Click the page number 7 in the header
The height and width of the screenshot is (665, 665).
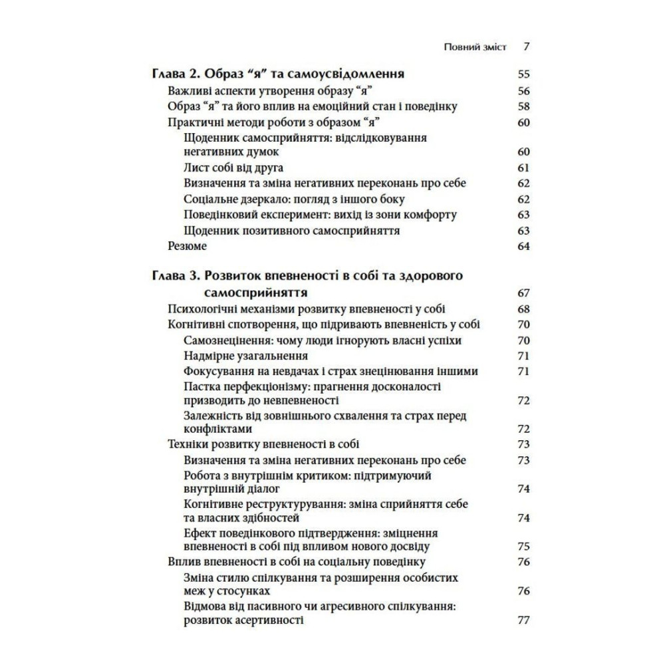[x=525, y=47]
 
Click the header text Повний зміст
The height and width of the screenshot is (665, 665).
[x=475, y=47]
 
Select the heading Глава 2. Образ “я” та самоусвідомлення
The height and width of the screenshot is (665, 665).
[x=279, y=74]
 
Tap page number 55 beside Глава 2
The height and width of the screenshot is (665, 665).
[x=523, y=74]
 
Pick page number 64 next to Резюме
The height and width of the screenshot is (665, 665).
[x=523, y=246]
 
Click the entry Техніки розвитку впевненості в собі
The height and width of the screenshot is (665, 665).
[x=265, y=444]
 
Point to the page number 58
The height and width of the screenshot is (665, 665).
[x=523, y=106]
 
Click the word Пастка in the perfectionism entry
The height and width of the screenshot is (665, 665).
[x=200, y=386]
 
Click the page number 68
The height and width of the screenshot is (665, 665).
[x=523, y=309]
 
